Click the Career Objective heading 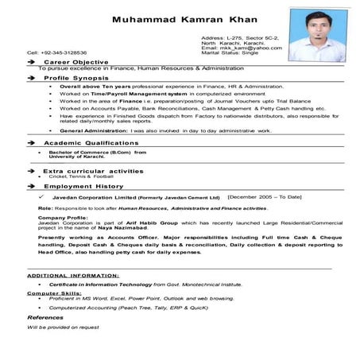pos(72,61)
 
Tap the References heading pos(45,316)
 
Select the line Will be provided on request pos(63,327)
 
